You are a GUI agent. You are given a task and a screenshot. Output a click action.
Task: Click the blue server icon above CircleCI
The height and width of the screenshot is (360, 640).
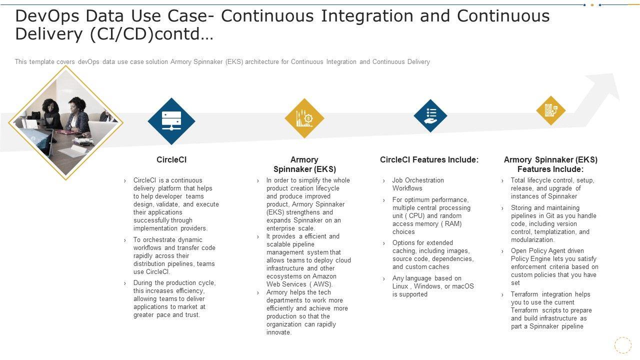[171, 121]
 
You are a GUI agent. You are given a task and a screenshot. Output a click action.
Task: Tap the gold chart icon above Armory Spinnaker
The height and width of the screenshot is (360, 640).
[304, 118]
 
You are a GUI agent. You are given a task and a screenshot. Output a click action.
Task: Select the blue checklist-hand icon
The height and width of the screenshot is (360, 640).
[430, 115]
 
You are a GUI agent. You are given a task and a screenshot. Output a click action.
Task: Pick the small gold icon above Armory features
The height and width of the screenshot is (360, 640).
[550, 110]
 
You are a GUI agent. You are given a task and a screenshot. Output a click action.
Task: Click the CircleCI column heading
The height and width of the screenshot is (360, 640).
[171, 160]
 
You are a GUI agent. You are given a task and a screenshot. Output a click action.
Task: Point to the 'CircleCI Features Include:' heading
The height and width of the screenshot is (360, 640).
[429, 160]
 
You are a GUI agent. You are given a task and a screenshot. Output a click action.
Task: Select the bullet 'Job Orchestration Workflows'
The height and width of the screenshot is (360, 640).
[418, 184]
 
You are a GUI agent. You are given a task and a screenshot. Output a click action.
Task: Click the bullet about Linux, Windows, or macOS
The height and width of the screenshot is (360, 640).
[433, 286]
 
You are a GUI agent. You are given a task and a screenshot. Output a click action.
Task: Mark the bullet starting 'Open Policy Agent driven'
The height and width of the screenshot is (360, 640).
[554, 267]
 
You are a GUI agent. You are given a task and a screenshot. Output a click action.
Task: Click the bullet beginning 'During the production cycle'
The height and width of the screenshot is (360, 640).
[174, 299]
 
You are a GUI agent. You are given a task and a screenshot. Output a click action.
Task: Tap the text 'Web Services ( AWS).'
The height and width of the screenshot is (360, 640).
[299, 284]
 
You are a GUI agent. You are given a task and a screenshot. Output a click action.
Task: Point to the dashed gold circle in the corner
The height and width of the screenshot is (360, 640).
[622, 345]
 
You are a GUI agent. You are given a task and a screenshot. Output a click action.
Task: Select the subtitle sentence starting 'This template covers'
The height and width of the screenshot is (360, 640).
[222, 62]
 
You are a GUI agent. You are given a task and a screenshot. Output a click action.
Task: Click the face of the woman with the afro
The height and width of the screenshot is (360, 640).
[51, 106]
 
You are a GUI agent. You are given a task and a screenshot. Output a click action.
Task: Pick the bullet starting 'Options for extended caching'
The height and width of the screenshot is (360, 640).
[433, 255]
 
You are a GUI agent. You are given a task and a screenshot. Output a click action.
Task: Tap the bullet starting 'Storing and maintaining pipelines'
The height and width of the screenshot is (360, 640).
[553, 224]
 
